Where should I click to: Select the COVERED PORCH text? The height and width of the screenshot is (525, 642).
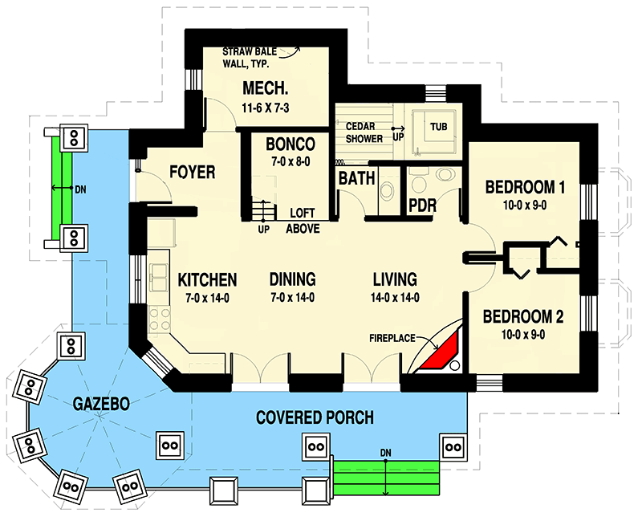pos(315,417)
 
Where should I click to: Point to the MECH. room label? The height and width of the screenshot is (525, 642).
pos(263,88)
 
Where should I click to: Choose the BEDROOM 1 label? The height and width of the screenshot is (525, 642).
pos(526,189)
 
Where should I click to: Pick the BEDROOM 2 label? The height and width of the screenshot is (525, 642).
pos(523,316)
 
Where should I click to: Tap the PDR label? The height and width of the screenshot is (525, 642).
pos(422,206)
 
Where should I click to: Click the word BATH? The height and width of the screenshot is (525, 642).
pos(356,178)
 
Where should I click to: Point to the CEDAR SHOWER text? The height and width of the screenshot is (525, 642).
pos(364,132)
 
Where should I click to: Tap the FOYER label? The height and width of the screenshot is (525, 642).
pos(191,172)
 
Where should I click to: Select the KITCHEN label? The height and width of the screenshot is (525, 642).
pos(207,280)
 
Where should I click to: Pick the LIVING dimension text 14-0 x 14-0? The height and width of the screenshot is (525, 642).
pos(394,298)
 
